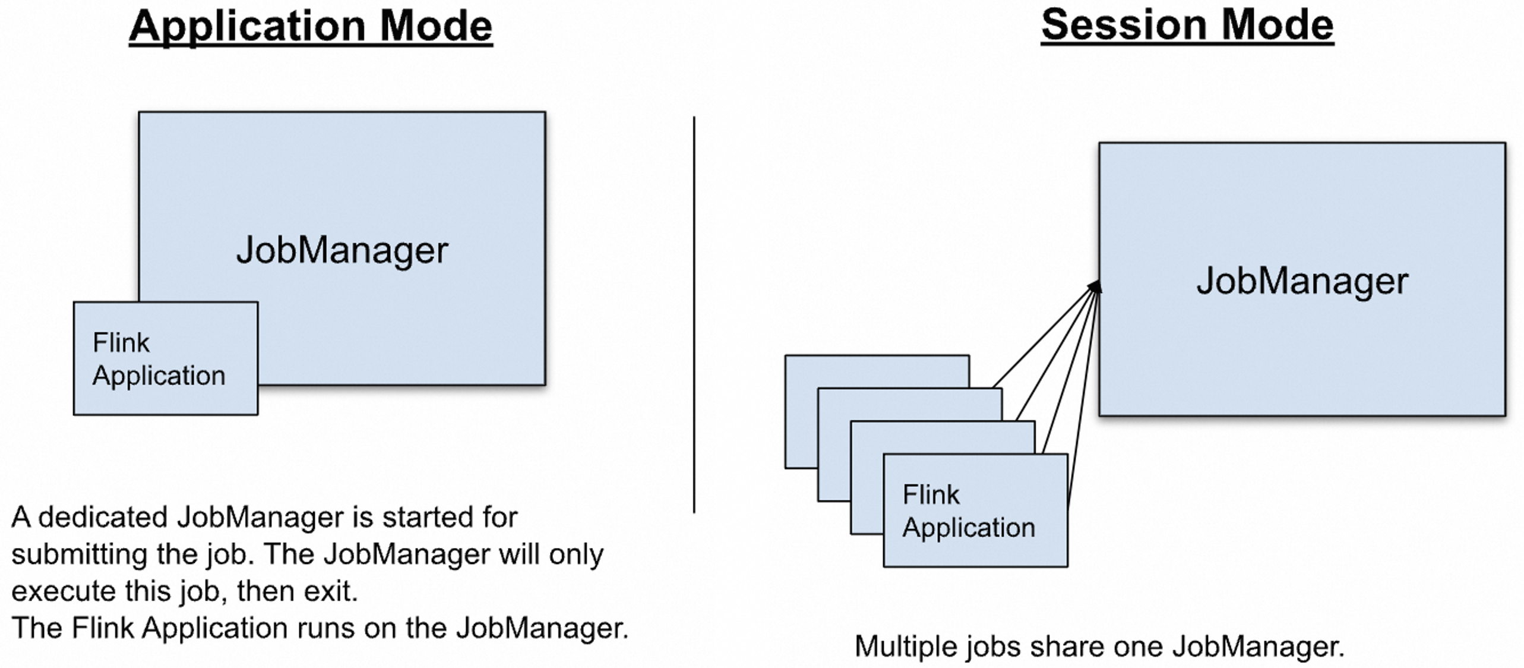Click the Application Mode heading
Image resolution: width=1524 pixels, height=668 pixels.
(x=311, y=26)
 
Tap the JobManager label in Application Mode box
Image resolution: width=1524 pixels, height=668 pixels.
(x=342, y=250)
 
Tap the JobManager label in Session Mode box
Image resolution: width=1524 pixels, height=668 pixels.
(x=1302, y=281)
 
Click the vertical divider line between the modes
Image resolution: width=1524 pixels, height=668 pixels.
(x=694, y=315)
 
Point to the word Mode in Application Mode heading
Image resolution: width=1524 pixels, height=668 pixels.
(x=436, y=26)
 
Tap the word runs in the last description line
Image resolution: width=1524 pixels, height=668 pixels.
(x=323, y=628)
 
